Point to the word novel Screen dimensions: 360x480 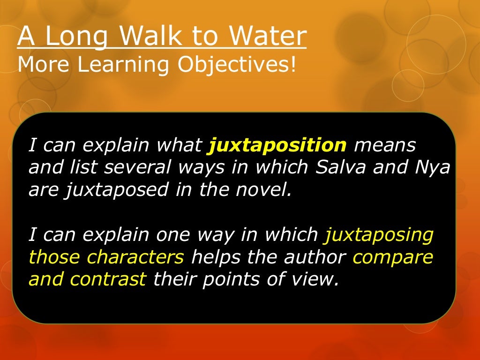[268, 189]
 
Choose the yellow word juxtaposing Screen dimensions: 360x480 [379, 235]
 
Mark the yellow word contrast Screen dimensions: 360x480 [108, 279]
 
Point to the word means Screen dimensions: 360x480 [385, 145]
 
